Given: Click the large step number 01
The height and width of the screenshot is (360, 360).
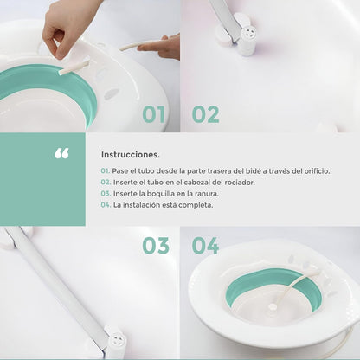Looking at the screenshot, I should tap(155, 114).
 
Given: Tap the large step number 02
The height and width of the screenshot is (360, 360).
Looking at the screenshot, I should tap(205, 114).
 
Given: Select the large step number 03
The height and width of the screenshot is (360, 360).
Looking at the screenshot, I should tap(156, 245).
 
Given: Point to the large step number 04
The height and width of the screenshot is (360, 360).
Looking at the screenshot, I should tap(205, 245).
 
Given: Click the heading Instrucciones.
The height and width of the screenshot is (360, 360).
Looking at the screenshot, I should tap(130, 153).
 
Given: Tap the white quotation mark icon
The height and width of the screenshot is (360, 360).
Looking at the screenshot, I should tap(61, 154).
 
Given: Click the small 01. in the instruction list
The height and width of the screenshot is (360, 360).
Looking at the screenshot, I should tap(106, 171).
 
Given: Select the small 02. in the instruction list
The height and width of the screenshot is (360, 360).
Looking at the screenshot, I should tap(106, 183).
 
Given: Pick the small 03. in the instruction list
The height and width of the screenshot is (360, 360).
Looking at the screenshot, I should tap(106, 194).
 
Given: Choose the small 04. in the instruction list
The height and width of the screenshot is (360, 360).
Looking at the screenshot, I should tap(106, 205).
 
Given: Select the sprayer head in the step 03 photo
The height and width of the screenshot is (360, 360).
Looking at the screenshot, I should tap(115, 341).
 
